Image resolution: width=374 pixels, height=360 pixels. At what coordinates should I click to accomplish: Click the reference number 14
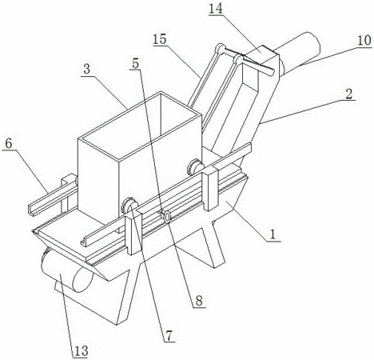216,9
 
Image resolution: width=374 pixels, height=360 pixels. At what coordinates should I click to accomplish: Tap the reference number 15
160,39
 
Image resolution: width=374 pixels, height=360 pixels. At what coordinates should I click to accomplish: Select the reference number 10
364,41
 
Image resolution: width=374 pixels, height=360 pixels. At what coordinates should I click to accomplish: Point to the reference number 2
349,94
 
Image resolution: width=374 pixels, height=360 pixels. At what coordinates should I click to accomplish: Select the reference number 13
81,351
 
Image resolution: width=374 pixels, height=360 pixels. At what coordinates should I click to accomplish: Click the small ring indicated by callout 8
167,217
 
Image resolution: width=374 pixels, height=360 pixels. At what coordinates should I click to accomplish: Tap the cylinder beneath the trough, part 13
66,271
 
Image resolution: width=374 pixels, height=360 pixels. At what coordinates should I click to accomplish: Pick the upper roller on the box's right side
195,167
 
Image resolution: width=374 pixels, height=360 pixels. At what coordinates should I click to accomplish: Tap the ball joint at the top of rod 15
220,48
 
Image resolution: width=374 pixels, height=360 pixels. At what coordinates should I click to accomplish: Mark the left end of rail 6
30,210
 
